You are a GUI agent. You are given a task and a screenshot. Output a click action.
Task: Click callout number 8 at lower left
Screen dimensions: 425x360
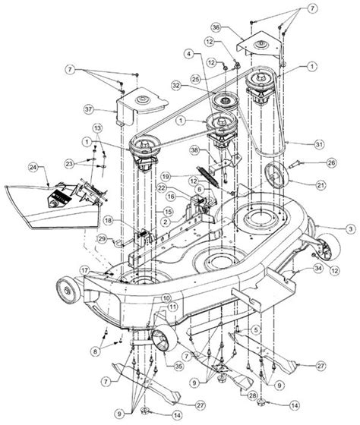click(x=93, y=351)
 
